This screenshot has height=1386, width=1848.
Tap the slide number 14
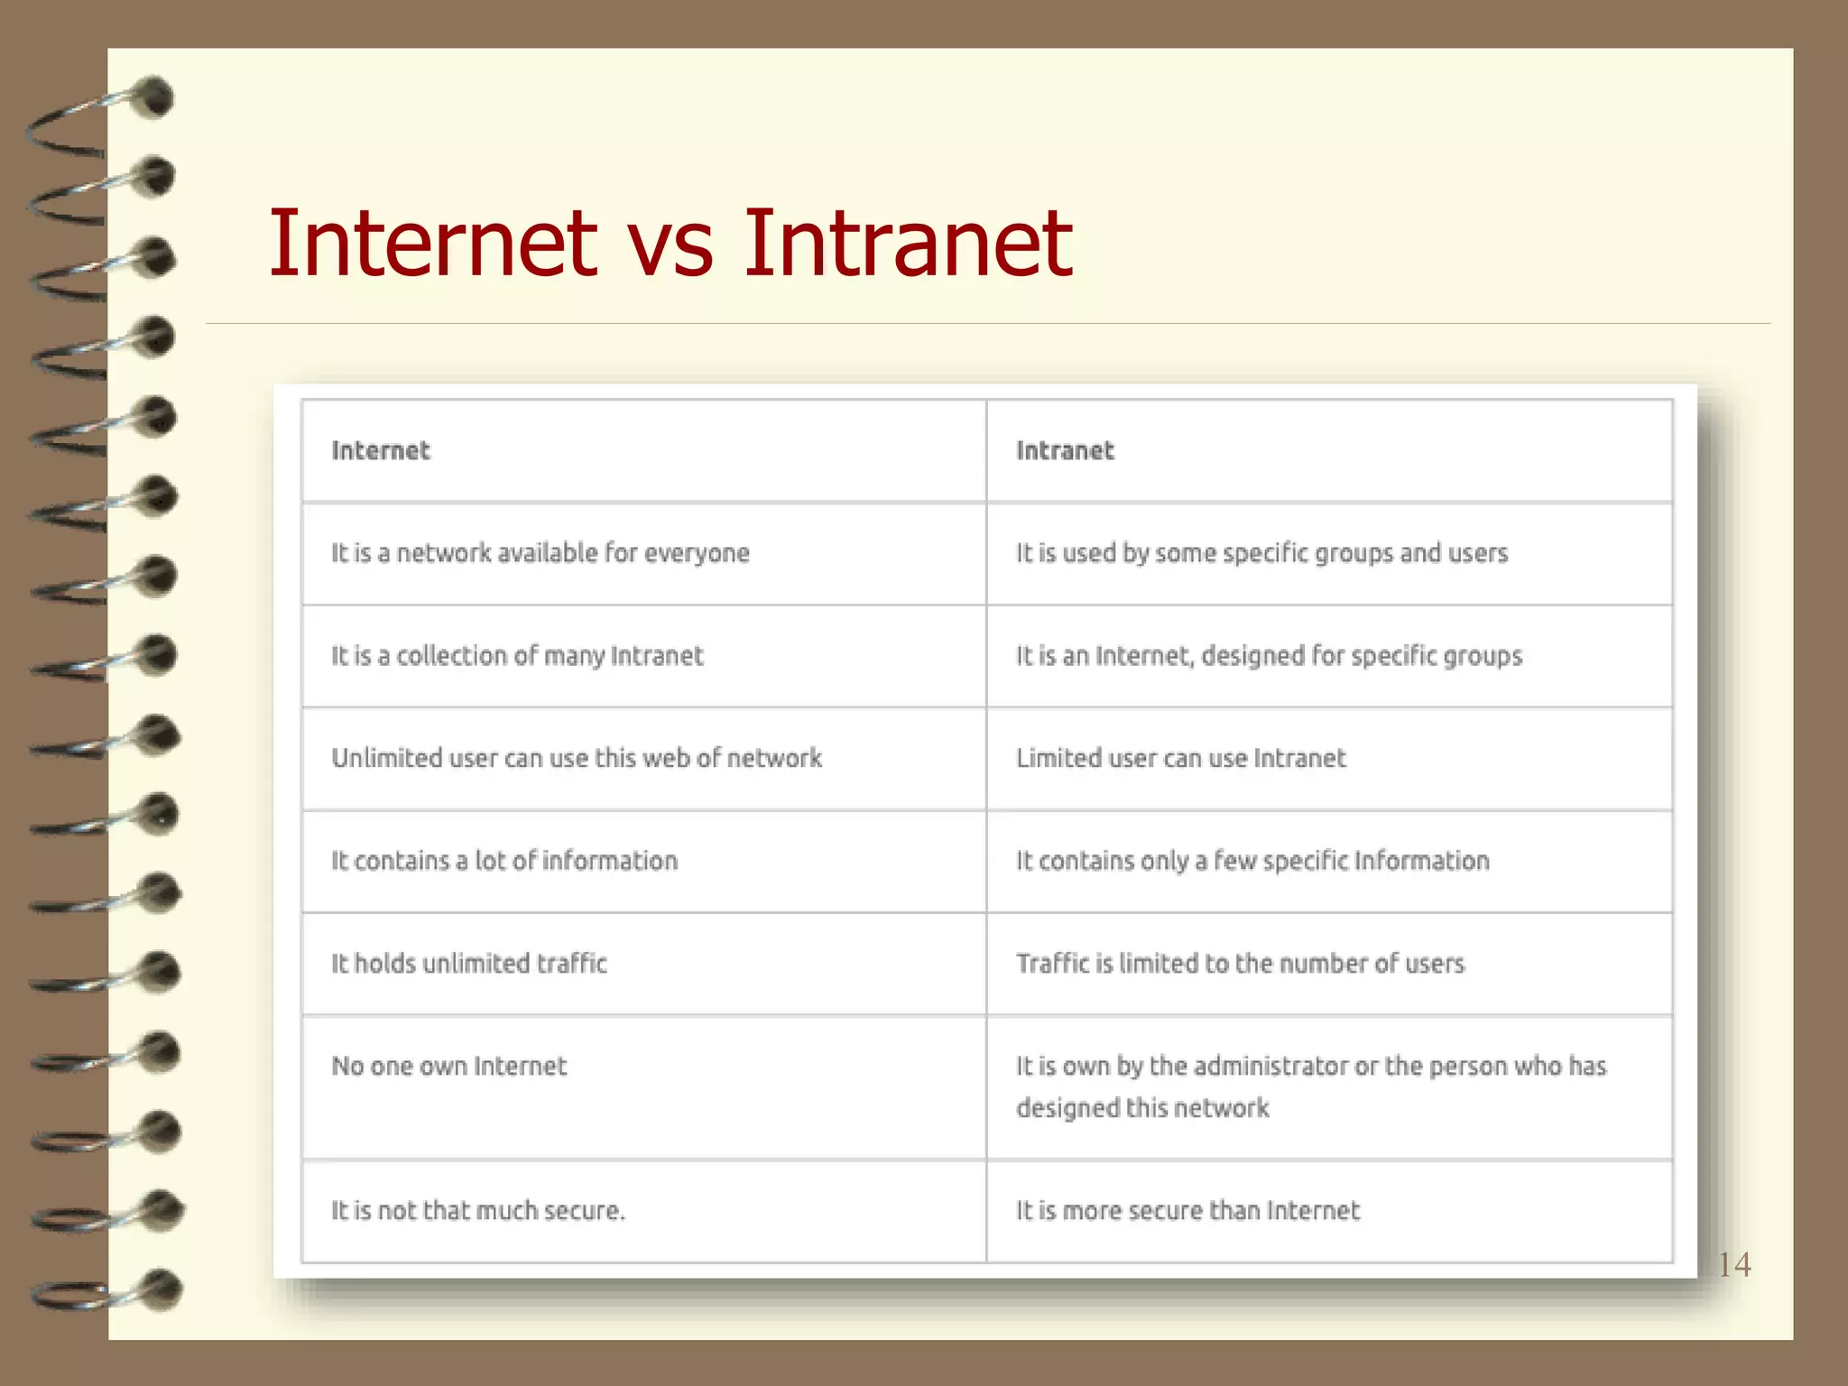point(1733,1264)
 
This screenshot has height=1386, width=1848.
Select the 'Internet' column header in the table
point(381,450)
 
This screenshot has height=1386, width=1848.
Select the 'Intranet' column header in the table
point(1065,450)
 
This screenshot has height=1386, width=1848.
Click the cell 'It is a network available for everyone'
point(540,552)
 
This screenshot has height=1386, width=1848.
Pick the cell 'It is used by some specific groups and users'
point(1261,552)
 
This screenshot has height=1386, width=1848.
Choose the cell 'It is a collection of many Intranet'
point(516,655)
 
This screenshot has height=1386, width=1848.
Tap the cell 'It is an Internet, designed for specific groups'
point(1269,655)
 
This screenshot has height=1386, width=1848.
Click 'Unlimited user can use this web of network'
point(577,758)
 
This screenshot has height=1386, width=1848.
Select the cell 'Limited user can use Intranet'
point(1180,758)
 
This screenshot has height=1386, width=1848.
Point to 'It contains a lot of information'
point(504,861)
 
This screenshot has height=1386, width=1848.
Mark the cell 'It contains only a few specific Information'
point(1252,861)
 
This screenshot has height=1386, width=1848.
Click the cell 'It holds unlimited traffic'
point(468,964)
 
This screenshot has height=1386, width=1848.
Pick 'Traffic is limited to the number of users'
point(1240,964)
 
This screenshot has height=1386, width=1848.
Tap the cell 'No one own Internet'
point(448,1066)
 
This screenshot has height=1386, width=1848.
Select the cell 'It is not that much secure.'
point(477,1210)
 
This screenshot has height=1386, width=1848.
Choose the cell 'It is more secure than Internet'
point(1187,1210)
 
